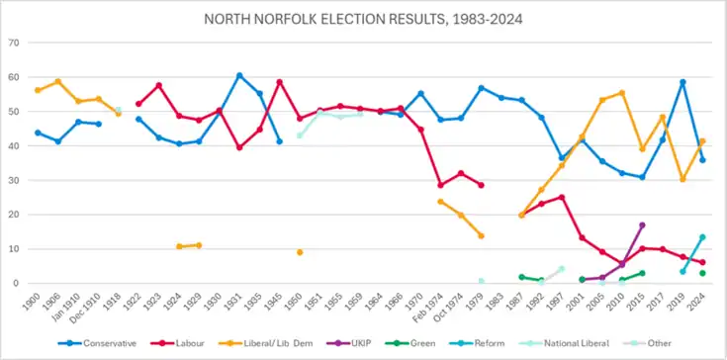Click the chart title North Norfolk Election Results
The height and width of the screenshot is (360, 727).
(364, 20)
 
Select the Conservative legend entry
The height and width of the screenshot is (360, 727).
(97, 343)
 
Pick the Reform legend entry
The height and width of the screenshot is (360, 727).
(477, 343)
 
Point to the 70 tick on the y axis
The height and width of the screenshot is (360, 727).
(14, 44)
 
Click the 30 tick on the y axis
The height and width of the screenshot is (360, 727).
(14, 180)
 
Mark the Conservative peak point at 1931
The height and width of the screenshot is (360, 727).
(239, 75)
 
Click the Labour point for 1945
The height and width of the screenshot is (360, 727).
(280, 82)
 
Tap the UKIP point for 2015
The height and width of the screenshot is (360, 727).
(642, 225)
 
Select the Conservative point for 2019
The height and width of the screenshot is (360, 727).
(682, 82)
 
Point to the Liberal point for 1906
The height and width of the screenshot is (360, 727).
(58, 81)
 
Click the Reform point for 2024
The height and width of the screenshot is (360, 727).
(702, 237)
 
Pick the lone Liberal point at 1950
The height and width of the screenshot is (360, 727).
(300, 252)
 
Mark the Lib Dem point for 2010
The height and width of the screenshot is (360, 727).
(622, 93)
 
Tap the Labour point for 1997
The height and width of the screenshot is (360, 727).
(562, 197)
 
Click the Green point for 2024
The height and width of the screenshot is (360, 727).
(702, 273)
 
